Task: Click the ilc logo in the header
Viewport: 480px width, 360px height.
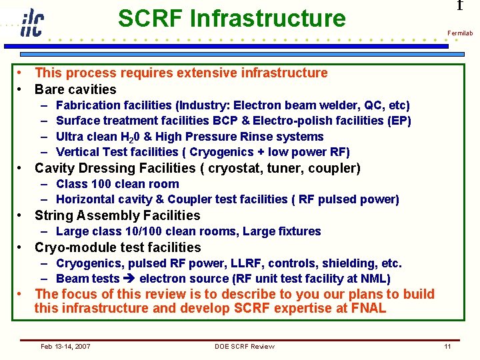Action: (x=31, y=23)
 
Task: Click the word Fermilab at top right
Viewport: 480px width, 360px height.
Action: (x=460, y=33)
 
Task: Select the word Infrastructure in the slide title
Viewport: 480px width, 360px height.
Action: (x=268, y=19)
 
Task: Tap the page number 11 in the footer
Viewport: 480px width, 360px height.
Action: (x=447, y=346)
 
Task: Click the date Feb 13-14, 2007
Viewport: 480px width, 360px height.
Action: (x=66, y=346)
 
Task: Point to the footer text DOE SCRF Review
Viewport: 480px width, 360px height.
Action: (x=245, y=346)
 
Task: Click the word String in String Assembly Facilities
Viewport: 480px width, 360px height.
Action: (x=53, y=215)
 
